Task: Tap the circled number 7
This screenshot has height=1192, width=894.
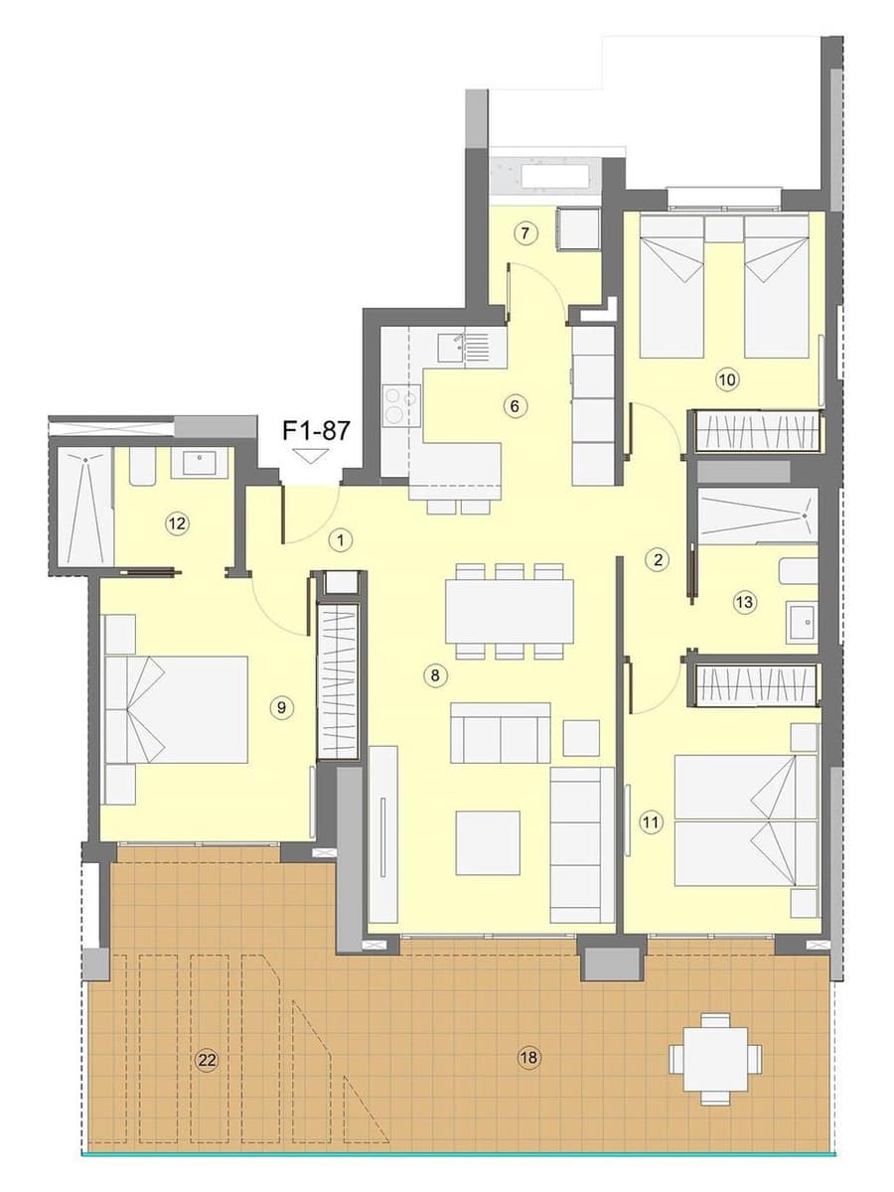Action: pos(526,234)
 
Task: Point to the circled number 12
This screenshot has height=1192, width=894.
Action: pos(178,523)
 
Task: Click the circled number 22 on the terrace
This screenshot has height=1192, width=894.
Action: pos(207,1060)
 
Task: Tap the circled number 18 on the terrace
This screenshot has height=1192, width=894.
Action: pos(528,1058)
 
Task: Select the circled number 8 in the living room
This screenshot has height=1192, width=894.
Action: pos(434,675)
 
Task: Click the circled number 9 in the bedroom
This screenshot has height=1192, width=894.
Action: pos(282,707)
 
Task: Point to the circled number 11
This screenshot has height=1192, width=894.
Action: pos(651,821)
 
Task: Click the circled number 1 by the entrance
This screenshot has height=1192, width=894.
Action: pos(341,540)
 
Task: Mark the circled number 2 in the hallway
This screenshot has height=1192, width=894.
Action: pos(657,559)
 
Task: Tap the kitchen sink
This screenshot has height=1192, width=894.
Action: pos(452,348)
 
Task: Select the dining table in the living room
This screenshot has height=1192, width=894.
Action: pos(509,611)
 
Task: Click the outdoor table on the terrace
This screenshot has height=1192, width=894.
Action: pos(715,1059)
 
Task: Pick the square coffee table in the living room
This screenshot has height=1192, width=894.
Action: pos(488,842)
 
